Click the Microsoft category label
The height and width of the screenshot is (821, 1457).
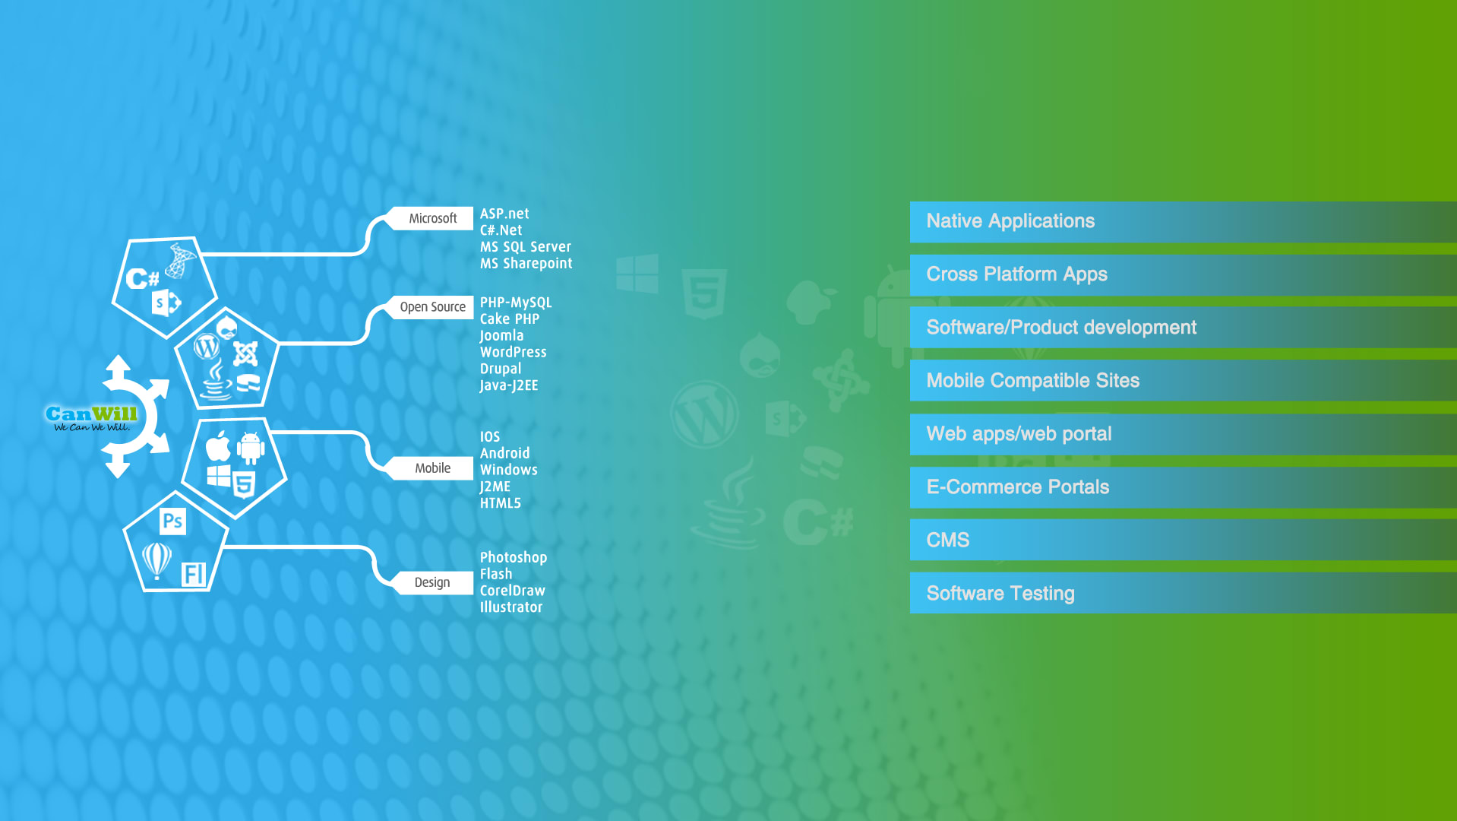[433, 218]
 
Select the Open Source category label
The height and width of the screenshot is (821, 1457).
[432, 307]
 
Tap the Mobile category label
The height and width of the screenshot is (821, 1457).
[432, 468]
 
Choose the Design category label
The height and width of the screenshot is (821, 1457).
[432, 582]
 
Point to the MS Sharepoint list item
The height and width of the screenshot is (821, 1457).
[526, 264]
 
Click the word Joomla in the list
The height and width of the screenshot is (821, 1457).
[501, 336]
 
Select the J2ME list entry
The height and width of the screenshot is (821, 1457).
[495, 487]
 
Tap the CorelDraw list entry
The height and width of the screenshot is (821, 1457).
[512, 591]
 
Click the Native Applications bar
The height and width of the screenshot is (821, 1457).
[1183, 222]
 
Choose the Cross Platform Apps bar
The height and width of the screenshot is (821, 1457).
[1183, 275]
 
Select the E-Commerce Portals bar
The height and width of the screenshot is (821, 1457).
[1183, 487]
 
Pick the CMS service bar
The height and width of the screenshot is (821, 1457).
[1183, 540]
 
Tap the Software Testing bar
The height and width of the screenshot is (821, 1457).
[1183, 593]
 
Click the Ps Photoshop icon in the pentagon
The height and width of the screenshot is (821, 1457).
[172, 521]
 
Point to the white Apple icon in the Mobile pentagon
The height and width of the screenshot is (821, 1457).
[218, 446]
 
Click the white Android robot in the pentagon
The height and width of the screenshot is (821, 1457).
[251, 448]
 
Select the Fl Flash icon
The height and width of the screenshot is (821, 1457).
[194, 574]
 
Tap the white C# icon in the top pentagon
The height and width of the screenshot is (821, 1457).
[142, 279]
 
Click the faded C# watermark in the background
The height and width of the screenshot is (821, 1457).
[818, 522]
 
